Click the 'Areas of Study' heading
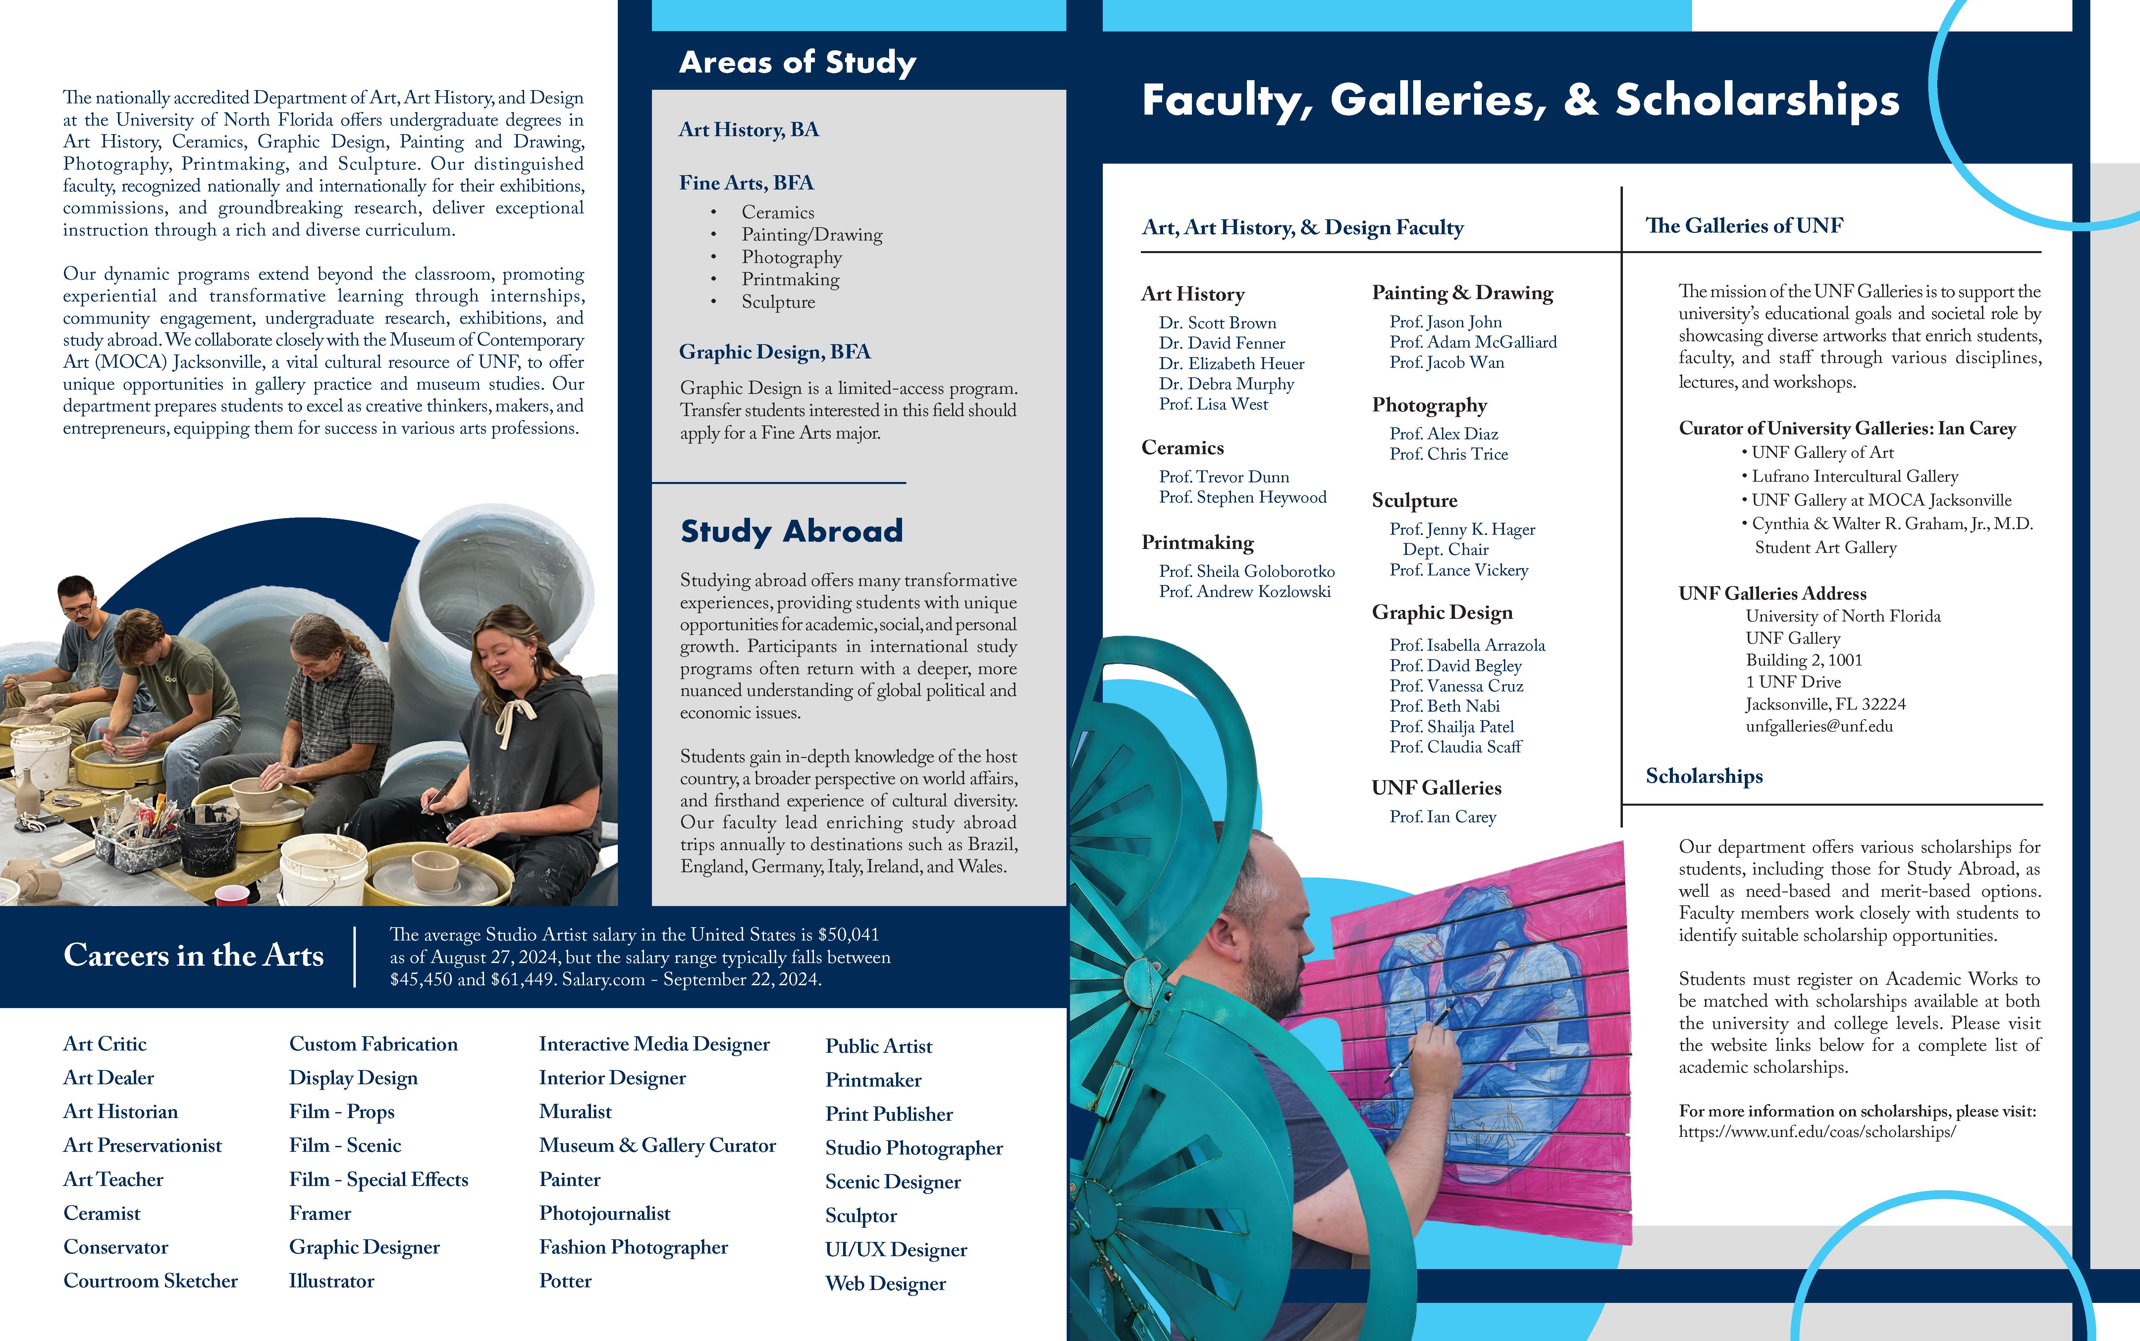pyautogui.click(x=797, y=62)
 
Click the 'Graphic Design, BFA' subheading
pyautogui.click(x=774, y=352)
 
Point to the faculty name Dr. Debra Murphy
pyautogui.click(x=1226, y=384)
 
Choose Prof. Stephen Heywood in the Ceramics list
pyautogui.click(x=1243, y=498)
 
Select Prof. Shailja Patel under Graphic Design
pyautogui.click(x=1452, y=726)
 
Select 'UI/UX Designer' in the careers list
pyautogui.click(x=896, y=1250)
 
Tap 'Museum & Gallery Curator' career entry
pyautogui.click(x=657, y=1146)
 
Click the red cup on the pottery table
pyautogui.click(x=232, y=894)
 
